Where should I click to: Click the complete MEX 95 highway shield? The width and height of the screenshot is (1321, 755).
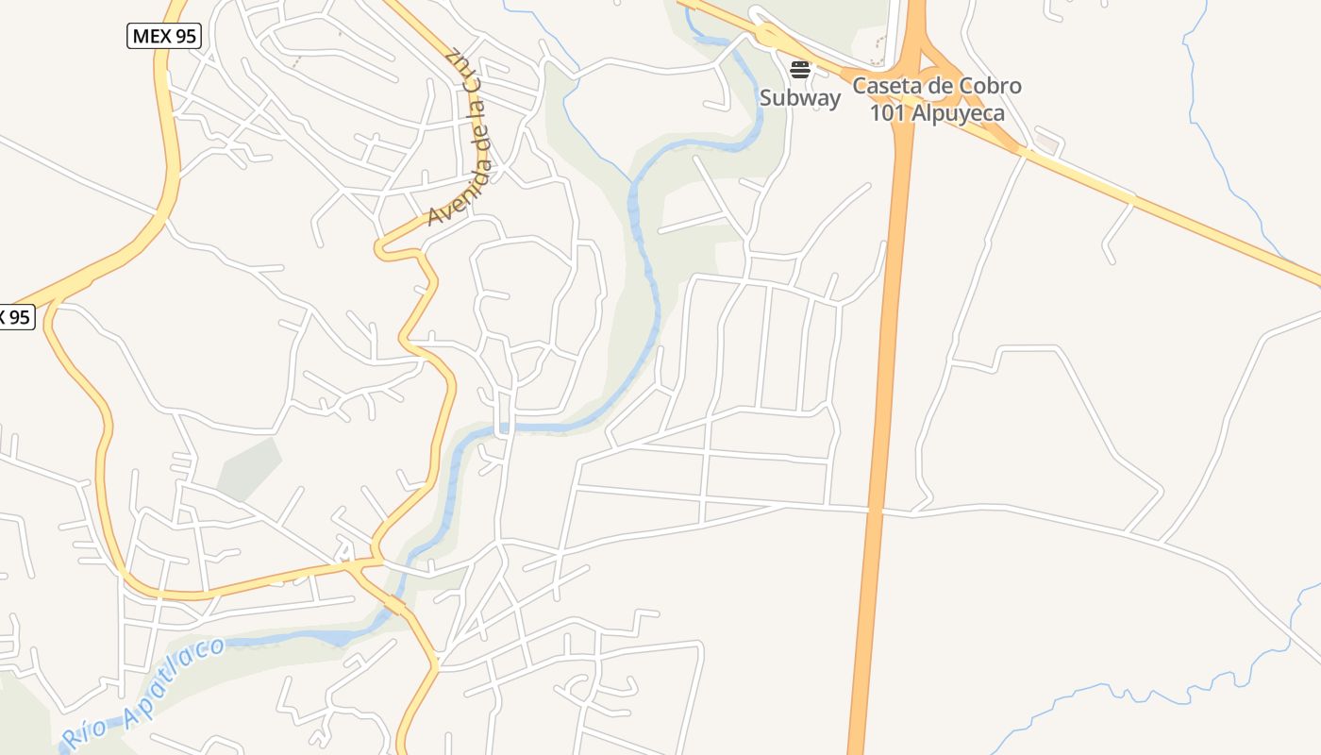click(x=163, y=36)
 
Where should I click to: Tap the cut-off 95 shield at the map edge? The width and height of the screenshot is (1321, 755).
click(x=16, y=317)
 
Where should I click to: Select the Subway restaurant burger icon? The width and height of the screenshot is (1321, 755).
click(x=800, y=69)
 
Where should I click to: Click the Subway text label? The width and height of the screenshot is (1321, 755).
click(x=800, y=97)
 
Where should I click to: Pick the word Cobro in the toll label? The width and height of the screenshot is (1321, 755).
click(x=990, y=86)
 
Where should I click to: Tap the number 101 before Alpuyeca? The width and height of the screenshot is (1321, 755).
click(x=889, y=112)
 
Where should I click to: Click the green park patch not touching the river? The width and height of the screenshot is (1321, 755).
click(x=250, y=467)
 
